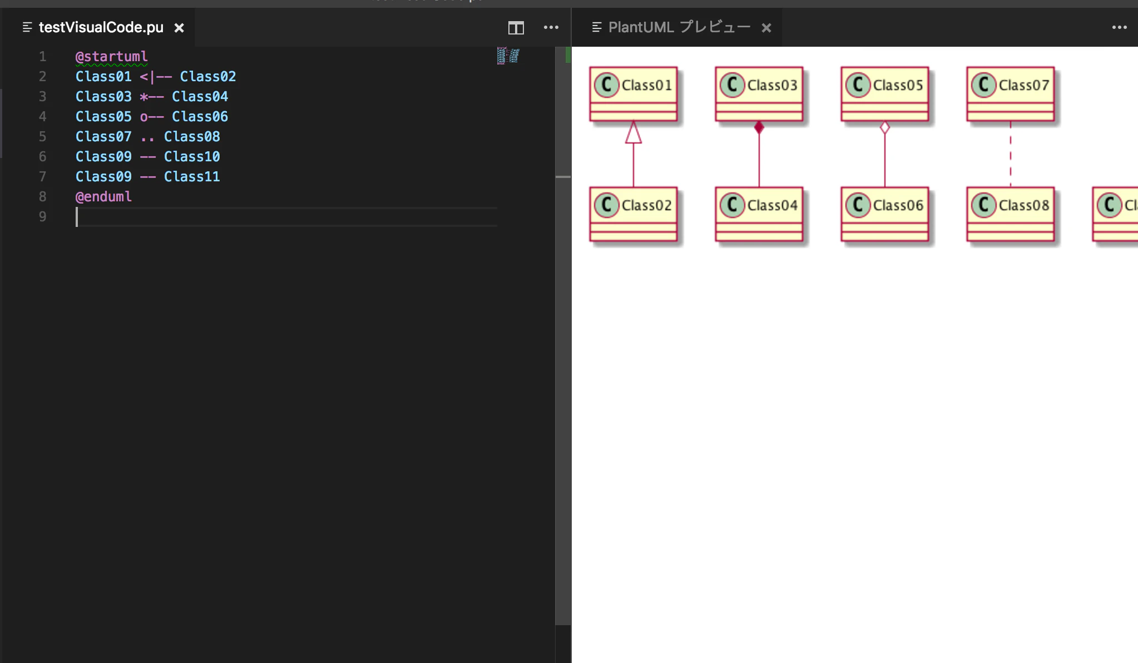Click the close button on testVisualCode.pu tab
tap(179, 28)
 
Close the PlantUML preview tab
tap(766, 28)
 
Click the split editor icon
tap(516, 28)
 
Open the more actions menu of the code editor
tap(551, 27)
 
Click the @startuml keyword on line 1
tap(112, 57)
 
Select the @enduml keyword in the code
tap(104, 197)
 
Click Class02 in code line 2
tap(208, 77)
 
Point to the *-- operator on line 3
tap(152, 97)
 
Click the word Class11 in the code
tap(192, 177)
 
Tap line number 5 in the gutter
tap(43, 137)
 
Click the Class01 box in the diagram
tap(634, 94)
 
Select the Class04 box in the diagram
tap(759, 214)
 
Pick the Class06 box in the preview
tap(885, 214)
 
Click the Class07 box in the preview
tap(1011, 94)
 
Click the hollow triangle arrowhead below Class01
tap(634, 132)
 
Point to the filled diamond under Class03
tap(759, 128)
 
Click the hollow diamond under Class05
tap(885, 128)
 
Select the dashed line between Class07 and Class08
tap(1011, 154)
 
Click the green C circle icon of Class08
tap(984, 205)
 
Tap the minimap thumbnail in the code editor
tap(508, 56)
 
